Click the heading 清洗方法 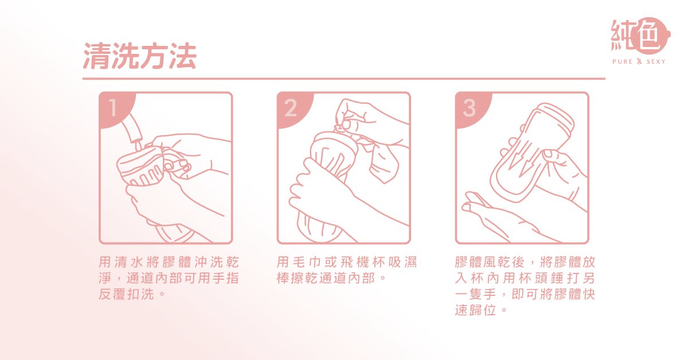[140, 56]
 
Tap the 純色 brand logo [640, 36]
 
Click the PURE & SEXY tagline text [639, 61]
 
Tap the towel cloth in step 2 [381, 161]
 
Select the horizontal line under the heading [343, 79]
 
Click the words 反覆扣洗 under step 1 [126, 294]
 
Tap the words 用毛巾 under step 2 [299, 262]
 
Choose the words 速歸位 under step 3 [475, 310]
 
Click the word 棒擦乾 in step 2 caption [298, 278]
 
